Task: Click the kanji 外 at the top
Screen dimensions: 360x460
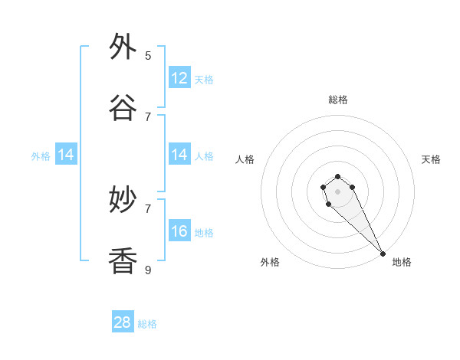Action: [x=123, y=47]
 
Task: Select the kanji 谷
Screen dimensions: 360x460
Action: [x=123, y=109]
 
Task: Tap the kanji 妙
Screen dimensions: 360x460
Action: [x=123, y=201]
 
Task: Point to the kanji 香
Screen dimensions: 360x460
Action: [x=123, y=262]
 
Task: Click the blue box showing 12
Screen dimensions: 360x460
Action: [x=179, y=78]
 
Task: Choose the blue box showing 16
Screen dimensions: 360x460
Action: [x=179, y=232]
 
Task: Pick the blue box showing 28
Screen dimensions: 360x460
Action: [x=123, y=322]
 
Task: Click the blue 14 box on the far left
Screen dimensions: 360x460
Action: [x=66, y=155]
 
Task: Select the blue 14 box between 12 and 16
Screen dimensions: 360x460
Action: [x=179, y=155]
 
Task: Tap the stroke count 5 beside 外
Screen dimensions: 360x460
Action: [x=148, y=55]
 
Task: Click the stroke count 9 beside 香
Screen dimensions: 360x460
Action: [x=148, y=270]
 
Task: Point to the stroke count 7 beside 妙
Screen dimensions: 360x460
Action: [x=148, y=208]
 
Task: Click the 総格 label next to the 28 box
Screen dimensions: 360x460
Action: [x=147, y=324]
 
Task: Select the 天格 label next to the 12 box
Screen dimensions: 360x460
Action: [x=204, y=80]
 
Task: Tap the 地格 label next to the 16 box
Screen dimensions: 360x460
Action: [x=204, y=233]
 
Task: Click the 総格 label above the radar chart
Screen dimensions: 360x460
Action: [x=338, y=100]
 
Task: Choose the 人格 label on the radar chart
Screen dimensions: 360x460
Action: [x=245, y=159]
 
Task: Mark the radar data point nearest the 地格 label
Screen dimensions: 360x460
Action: [x=383, y=254]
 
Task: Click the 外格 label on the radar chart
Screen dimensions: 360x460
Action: [x=270, y=262]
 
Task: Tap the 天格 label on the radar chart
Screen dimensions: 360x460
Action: [x=432, y=159]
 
